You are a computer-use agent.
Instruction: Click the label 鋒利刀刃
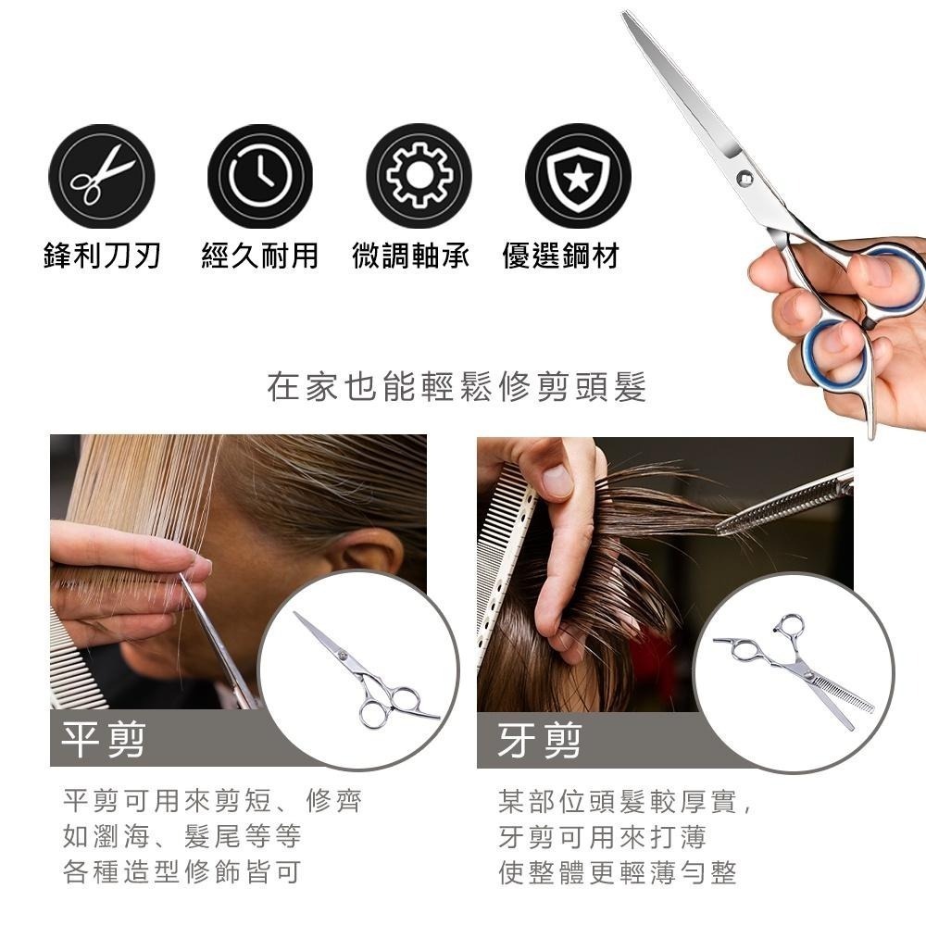(102, 256)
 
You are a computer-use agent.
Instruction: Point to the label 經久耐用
(260, 256)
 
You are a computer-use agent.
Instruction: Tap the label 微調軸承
(411, 256)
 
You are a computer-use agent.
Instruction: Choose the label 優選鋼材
(561, 256)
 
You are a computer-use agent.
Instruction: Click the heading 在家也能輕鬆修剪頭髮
(457, 387)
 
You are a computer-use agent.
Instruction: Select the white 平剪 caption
(104, 739)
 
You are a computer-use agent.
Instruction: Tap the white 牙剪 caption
(539, 741)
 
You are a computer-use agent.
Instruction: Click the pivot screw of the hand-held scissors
(745, 176)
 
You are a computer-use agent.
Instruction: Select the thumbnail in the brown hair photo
(556, 479)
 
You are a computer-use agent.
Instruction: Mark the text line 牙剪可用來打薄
(603, 837)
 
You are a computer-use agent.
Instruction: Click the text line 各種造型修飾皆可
(181, 871)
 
